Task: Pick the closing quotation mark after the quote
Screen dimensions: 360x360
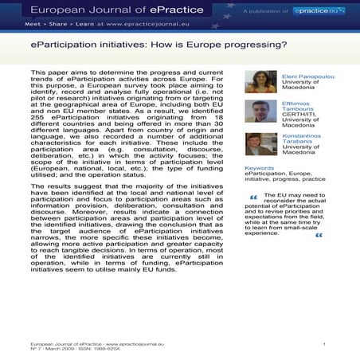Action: pyautogui.click(x=319, y=236)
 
